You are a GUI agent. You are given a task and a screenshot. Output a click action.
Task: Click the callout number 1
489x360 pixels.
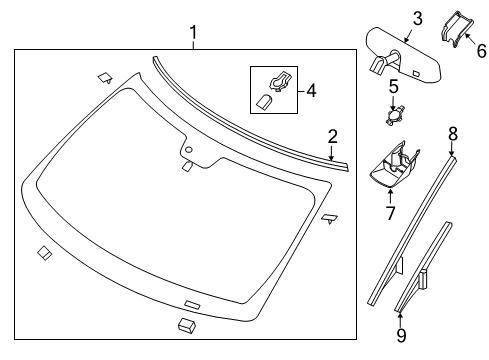click(194, 36)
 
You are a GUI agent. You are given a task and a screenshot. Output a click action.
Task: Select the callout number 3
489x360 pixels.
click(390, 17)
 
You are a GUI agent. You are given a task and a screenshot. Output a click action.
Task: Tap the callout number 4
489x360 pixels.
click(311, 90)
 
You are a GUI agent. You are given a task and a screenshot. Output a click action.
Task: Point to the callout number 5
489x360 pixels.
click(393, 87)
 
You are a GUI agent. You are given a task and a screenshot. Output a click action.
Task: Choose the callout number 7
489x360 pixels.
click(390, 211)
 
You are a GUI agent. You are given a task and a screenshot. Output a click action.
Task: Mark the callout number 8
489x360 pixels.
click(452, 132)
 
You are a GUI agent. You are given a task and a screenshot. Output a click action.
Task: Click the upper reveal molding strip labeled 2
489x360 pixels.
click(250, 108)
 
